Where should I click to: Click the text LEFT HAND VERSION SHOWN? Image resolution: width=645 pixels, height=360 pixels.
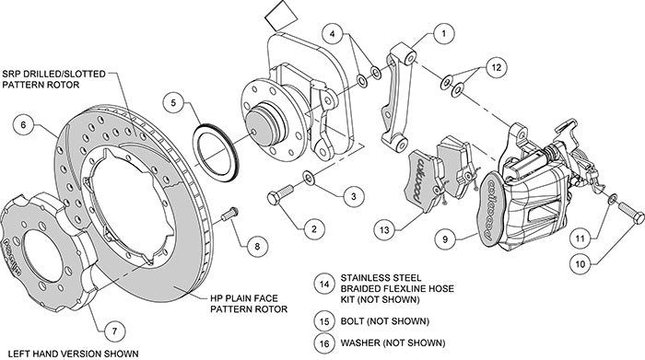70,353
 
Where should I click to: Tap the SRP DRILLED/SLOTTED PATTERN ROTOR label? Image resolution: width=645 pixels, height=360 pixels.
53,79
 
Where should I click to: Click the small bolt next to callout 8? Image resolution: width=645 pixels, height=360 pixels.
229,214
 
